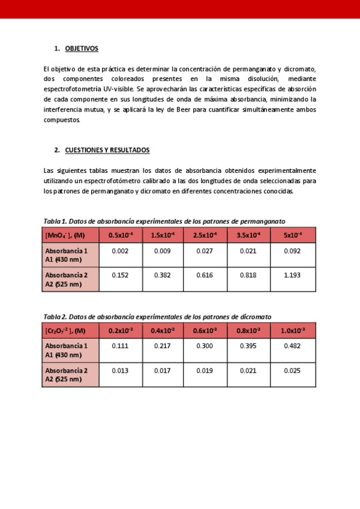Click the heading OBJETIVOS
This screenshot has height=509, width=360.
(x=82, y=49)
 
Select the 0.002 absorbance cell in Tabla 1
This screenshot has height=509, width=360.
(x=120, y=251)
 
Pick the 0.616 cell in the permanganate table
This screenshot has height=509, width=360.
(x=205, y=275)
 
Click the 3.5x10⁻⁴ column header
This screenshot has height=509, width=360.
(x=248, y=235)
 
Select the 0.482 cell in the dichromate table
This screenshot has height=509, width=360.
(x=292, y=346)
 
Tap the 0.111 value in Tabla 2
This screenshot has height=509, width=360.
(x=120, y=346)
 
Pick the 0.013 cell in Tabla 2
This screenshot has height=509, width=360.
(x=120, y=370)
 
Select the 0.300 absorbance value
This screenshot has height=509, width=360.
(x=206, y=346)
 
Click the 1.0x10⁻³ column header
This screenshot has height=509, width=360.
(x=293, y=331)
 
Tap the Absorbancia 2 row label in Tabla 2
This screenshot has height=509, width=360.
(x=66, y=375)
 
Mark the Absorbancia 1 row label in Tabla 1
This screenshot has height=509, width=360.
(x=66, y=254)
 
